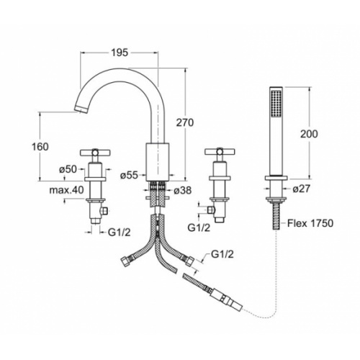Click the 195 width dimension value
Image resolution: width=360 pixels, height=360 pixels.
120,53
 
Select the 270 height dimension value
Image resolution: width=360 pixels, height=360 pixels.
185,122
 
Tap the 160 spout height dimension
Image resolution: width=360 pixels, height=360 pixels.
40,147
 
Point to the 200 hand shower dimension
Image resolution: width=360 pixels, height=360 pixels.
309,134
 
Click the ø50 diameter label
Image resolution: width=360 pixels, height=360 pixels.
68,169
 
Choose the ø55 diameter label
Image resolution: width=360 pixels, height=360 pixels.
130,176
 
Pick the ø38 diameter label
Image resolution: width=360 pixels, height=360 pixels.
183,190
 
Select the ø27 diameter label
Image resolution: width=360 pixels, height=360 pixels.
302,189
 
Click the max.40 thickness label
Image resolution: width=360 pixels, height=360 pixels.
67,190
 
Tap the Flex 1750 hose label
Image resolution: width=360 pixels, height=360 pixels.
310,223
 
